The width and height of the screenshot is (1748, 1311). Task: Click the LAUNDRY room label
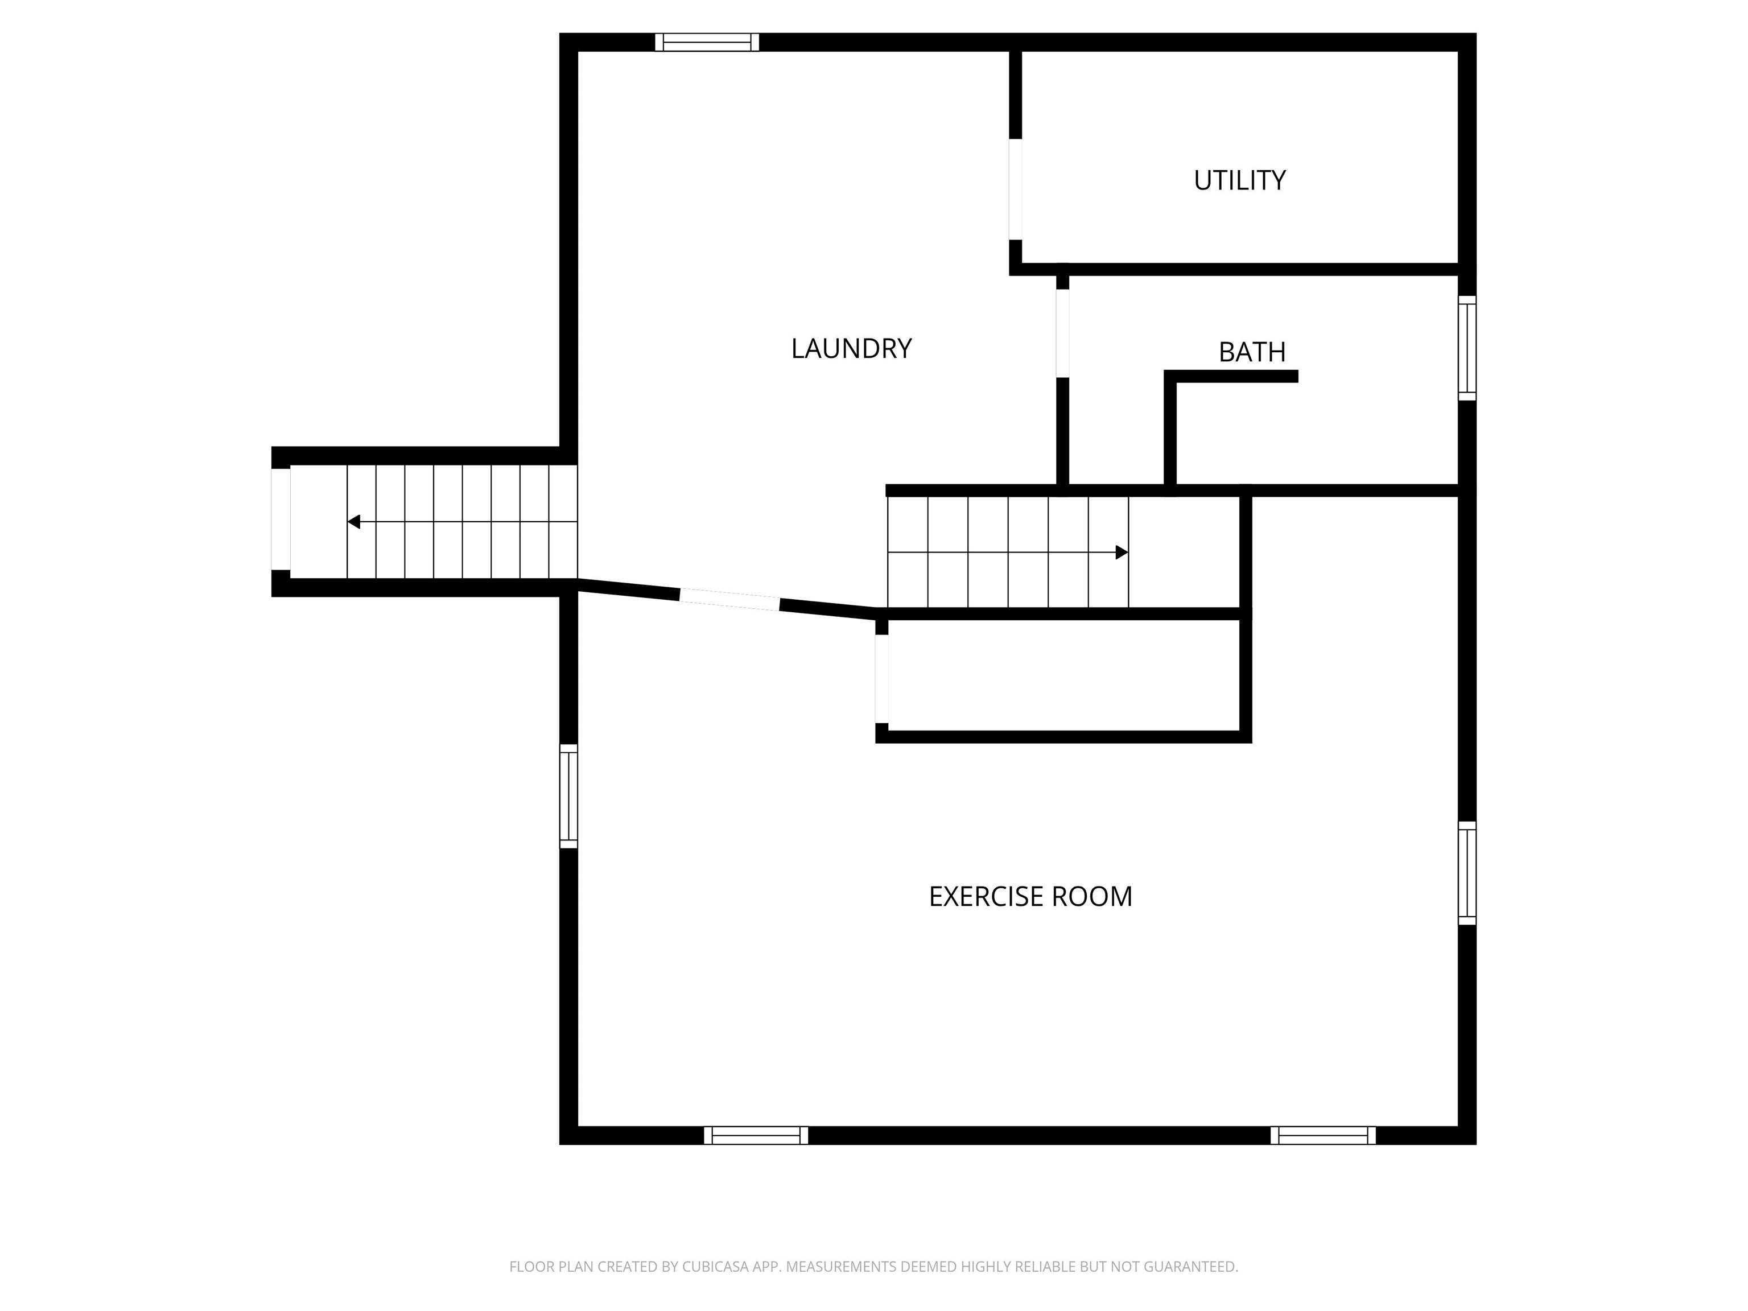click(851, 348)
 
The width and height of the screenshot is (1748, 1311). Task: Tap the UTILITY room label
click(1239, 181)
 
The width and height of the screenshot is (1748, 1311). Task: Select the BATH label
click(1252, 352)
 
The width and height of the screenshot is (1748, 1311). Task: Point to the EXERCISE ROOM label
click(1030, 897)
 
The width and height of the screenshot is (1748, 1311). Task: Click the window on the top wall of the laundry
click(707, 42)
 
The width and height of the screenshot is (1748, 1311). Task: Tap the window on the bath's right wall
click(1467, 348)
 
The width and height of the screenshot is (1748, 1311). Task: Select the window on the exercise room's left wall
click(568, 796)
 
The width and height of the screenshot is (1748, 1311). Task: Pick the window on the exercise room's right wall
click(1467, 873)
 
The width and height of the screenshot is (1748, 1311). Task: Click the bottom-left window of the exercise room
click(756, 1136)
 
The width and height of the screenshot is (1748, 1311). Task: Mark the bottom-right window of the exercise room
click(1323, 1136)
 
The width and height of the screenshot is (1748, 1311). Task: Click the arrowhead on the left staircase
click(354, 522)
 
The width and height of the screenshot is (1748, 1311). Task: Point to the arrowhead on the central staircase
click(1122, 553)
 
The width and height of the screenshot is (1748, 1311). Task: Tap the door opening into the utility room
click(1016, 189)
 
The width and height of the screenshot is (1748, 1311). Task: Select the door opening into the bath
click(1063, 333)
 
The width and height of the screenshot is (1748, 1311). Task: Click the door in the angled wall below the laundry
click(729, 600)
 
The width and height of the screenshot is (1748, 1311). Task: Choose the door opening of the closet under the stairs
click(882, 679)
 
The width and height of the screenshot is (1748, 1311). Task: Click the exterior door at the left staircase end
click(281, 519)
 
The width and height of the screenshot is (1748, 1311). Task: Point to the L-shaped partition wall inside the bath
click(1171, 427)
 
